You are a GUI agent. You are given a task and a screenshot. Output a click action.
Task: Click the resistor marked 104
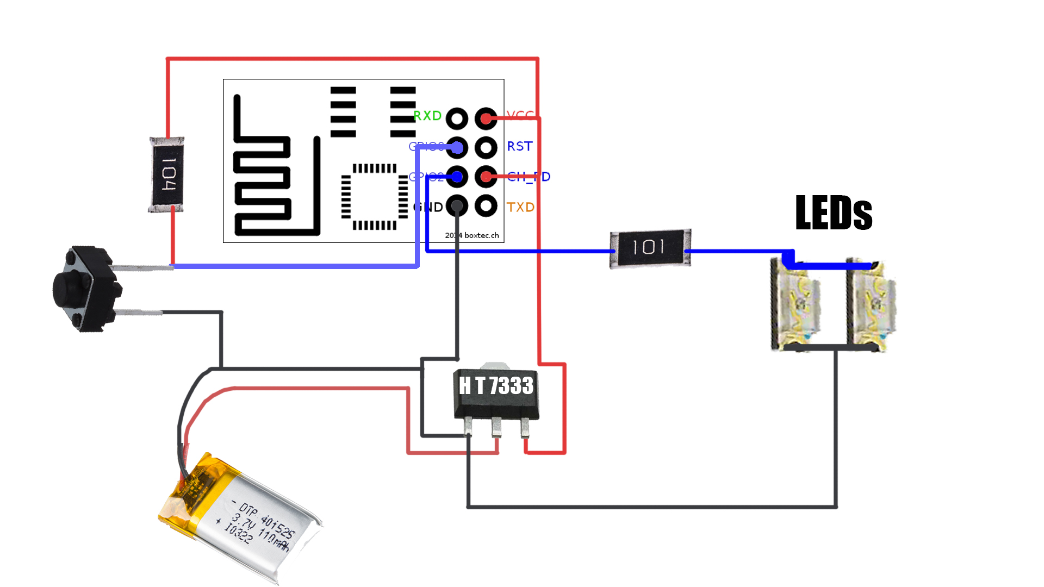tap(167, 174)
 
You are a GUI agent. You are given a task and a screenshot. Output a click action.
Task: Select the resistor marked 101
tap(650, 248)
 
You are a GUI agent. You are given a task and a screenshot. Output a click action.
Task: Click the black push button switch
tap(85, 288)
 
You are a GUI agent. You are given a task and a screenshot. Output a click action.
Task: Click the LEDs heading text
tap(834, 213)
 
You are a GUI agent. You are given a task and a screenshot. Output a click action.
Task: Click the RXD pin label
tap(427, 116)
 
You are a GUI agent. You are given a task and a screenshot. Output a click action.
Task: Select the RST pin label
tap(519, 146)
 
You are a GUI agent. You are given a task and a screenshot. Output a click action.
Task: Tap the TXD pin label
tap(520, 207)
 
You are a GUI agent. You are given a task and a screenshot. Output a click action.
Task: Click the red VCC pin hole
tap(486, 118)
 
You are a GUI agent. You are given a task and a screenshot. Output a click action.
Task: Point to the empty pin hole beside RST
tap(486, 147)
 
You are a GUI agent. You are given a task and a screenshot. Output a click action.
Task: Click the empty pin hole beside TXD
tap(486, 206)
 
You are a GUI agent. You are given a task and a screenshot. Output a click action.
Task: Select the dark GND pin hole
tap(457, 206)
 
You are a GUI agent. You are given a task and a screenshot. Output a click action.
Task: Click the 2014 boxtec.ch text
tap(472, 235)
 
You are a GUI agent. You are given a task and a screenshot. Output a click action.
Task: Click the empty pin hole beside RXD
tap(457, 118)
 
